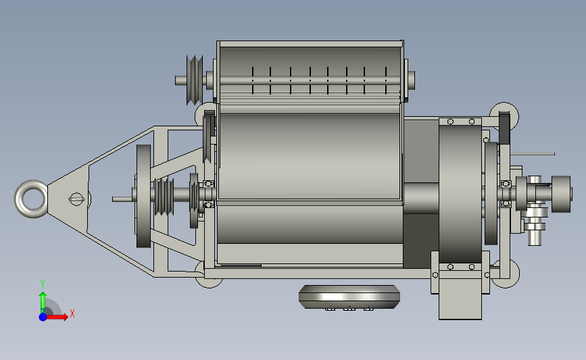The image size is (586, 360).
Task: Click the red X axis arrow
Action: click(57, 317)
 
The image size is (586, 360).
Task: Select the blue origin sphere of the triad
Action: click(43, 317)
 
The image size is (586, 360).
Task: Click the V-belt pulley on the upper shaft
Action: click(195, 80)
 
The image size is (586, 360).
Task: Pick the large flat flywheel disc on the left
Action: click(143, 196)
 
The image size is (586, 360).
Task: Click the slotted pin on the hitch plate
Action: click(76, 199)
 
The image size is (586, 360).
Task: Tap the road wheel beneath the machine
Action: click(349, 297)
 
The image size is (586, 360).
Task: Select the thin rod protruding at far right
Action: click(533, 154)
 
